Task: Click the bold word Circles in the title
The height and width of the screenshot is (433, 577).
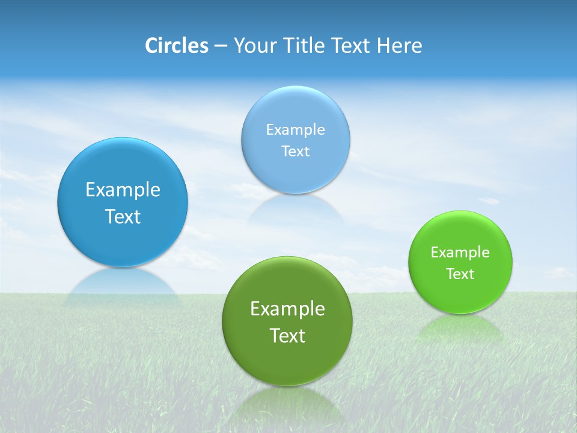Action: pos(176,46)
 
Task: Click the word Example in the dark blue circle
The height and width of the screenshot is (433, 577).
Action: pos(123,190)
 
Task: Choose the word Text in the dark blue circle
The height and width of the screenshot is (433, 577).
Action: pos(123,216)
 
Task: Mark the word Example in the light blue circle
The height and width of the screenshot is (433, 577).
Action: pos(295,130)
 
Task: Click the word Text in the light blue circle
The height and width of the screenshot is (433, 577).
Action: pos(295,152)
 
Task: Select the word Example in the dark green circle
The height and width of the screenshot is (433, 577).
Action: pos(287,309)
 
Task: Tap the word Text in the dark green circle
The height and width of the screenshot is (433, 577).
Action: pos(287,336)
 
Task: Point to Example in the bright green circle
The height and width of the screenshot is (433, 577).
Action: pos(460,253)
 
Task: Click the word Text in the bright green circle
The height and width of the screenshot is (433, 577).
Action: pos(460,274)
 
